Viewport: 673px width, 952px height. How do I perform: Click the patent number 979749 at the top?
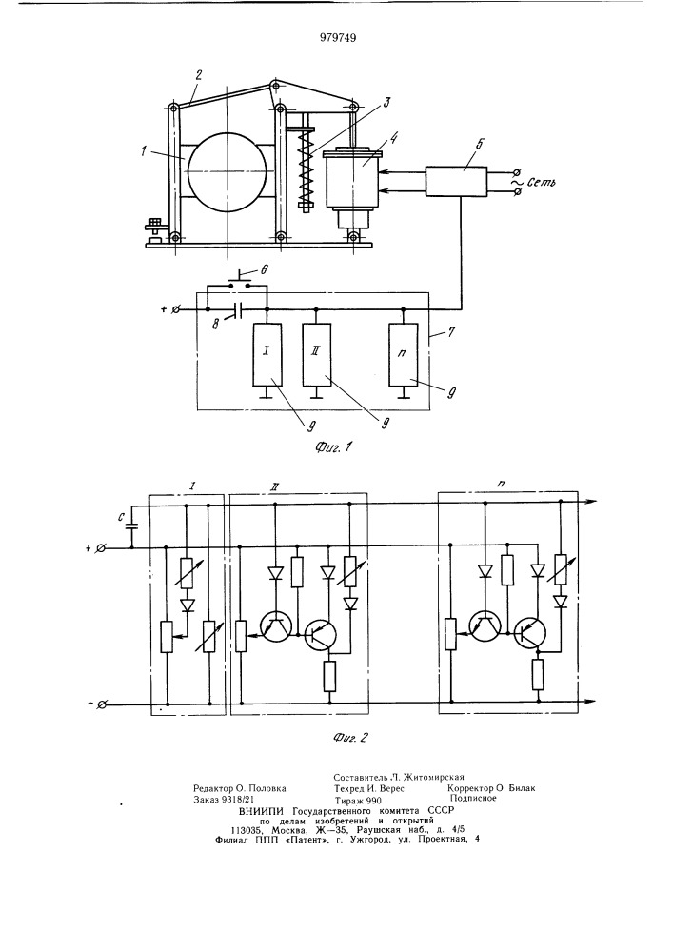[x=338, y=38]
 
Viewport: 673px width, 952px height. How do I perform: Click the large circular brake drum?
[x=227, y=172]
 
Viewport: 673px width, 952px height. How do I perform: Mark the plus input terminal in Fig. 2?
[x=102, y=548]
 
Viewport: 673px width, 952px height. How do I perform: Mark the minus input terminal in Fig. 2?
[x=102, y=704]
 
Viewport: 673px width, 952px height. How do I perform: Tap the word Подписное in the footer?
[x=473, y=799]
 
